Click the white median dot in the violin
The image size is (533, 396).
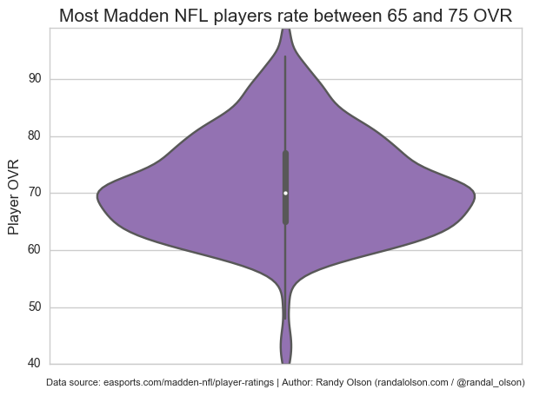coord(285,193)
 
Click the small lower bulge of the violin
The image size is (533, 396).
coord(285,345)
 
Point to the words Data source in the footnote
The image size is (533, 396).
coord(73,382)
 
